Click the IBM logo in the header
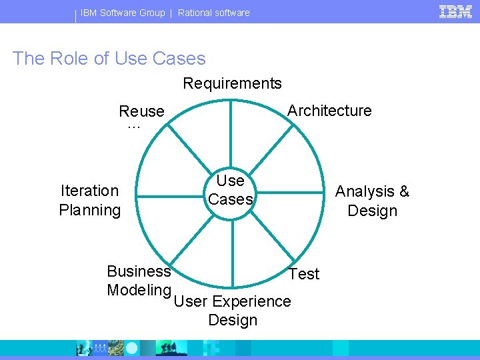pyautogui.click(x=456, y=11)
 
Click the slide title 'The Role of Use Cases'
pyautogui.click(x=109, y=59)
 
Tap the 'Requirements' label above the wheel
pyautogui.click(x=232, y=83)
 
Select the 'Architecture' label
pyautogui.click(x=329, y=111)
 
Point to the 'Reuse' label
pyautogui.click(x=141, y=111)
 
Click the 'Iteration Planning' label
pyautogui.click(x=90, y=201)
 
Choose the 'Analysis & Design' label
pyautogui.click(x=372, y=201)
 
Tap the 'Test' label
pyautogui.click(x=304, y=274)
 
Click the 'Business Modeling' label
pyautogui.click(x=139, y=281)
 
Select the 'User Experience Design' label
pyautogui.click(x=232, y=311)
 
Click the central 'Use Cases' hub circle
pyautogui.click(x=231, y=191)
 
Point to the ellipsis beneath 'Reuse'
pyautogui.click(x=134, y=126)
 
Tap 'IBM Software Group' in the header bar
pyautogui.click(x=123, y=13)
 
